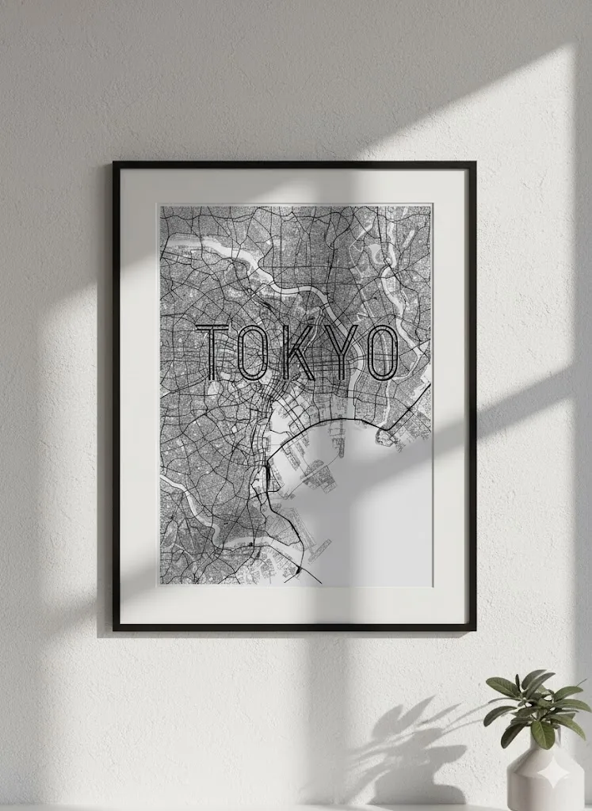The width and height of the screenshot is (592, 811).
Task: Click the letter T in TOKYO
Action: [x=215, y=352]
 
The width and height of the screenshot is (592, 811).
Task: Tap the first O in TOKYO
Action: [x=254, y=352]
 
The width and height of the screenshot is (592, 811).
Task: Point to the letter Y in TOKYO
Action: [x=338, y=352]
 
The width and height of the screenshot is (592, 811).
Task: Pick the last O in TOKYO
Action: [x=380, y=352]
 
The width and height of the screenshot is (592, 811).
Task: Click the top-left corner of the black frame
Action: [x=115, y=164]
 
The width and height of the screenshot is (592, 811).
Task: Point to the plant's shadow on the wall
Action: [x=404, y=744]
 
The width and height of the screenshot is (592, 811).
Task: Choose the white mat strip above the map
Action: [x=295, y=187]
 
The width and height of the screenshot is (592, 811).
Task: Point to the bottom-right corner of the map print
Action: [x=432, y=585]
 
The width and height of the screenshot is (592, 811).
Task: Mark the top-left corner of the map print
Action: [x=160, y=206]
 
